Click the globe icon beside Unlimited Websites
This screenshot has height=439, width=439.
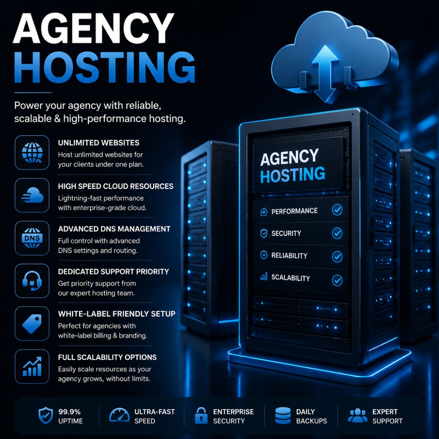32,153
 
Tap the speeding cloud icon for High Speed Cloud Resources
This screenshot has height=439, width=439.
32,195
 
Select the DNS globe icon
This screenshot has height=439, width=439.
32,238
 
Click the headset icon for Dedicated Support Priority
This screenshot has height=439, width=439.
32,281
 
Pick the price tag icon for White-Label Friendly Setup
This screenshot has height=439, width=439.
32,323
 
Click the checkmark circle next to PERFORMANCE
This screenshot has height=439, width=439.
337,210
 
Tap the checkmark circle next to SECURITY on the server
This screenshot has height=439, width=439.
337,233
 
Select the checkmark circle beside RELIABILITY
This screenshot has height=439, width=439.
337,257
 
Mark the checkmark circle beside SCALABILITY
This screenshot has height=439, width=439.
337,281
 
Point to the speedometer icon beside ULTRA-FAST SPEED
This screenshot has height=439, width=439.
119,415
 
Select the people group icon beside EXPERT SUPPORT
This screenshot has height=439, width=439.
358,415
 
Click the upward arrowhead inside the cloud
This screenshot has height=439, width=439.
325,54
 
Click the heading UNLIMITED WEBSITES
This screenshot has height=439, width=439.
99,143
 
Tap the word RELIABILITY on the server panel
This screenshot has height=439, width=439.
289,256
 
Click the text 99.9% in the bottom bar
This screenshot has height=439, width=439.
70,412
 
